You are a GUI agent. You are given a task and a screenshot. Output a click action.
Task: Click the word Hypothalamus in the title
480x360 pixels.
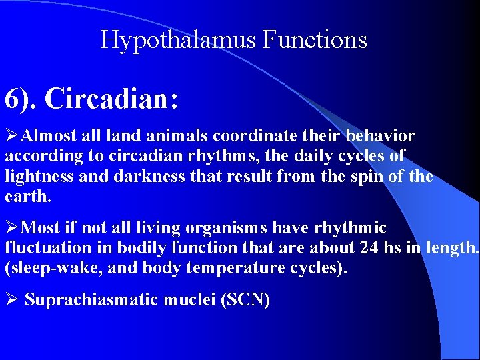point(179,40)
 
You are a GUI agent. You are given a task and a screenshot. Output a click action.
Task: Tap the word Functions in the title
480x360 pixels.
point(315,40)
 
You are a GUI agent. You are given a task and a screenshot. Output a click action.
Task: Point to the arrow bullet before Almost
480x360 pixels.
point(13,136)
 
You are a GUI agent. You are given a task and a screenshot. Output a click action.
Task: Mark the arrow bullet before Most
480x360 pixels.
point(13,228)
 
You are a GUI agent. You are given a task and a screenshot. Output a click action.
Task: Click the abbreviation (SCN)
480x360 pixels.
point(245,300)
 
